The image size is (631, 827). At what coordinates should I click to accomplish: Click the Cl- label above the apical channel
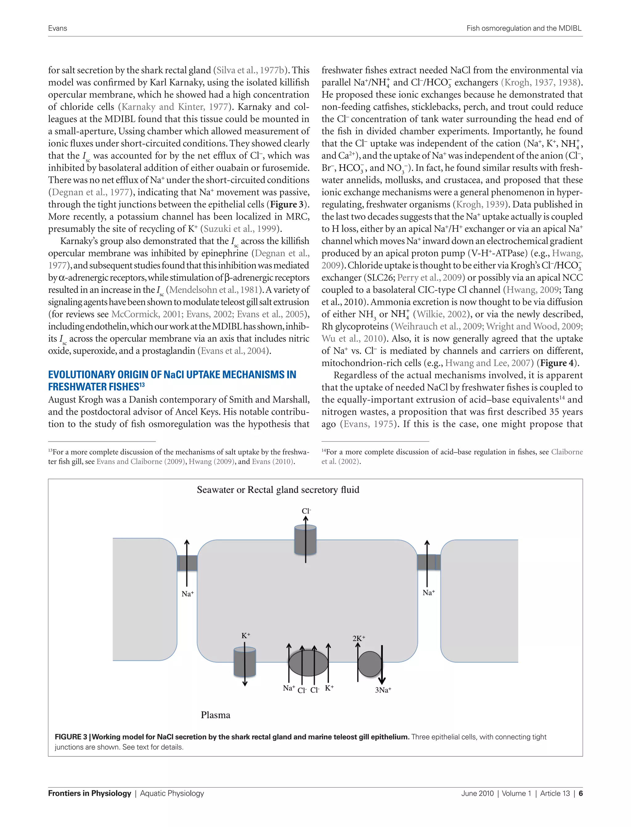[306, 511]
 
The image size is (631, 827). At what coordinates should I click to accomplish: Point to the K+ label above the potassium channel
[246, 636]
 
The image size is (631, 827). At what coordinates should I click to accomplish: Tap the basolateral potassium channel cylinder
[245, 662]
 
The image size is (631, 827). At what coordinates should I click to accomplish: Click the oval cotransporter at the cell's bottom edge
[308, 664]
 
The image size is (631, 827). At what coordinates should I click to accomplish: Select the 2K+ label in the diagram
[359, 638]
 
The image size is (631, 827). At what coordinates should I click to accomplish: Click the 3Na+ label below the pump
[383, 690]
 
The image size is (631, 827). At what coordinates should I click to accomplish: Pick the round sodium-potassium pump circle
[370, 664]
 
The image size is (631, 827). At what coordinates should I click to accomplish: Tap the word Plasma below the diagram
[215, 715]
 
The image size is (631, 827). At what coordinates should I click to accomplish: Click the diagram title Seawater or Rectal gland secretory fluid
[278, 490]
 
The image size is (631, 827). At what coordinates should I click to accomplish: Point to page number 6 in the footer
[581, 793]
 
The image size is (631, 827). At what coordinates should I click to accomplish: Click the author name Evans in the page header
[58, 28]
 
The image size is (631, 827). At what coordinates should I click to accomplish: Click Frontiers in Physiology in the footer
[89, 793]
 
